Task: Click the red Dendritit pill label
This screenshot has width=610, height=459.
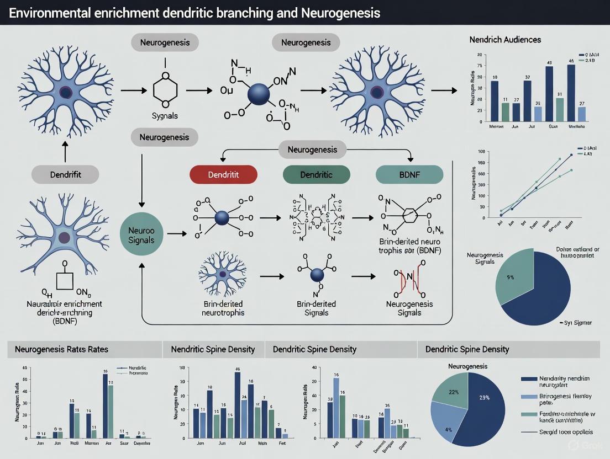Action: [223, 175]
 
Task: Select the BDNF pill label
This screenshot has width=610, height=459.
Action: [409, 175]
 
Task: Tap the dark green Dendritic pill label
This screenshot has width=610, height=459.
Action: [316, 175]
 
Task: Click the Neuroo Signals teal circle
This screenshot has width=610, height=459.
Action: [142, 234]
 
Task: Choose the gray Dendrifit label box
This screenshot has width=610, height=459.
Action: [65, 175]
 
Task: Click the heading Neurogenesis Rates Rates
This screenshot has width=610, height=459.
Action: [61, 349]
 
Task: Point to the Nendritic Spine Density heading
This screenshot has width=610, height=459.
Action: [213, 349]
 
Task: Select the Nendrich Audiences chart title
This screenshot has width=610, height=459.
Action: [505, 40]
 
